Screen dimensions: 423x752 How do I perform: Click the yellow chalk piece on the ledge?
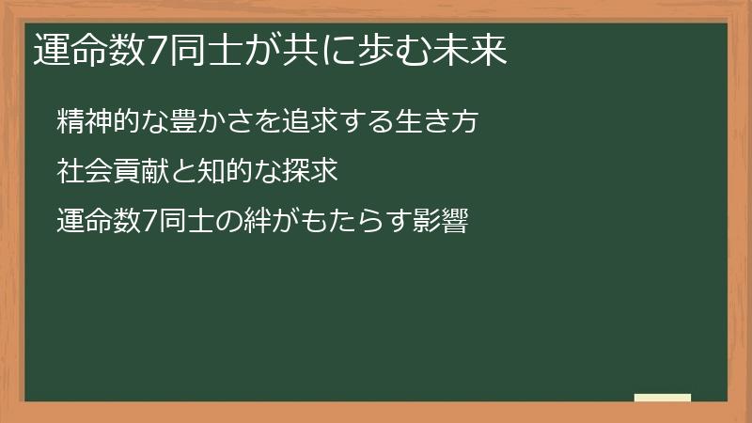click(663, 398)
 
